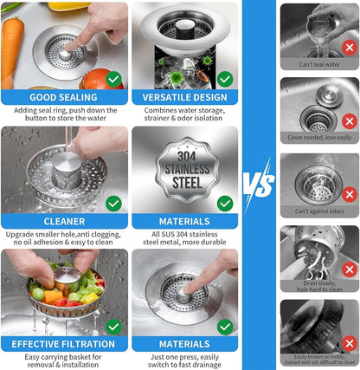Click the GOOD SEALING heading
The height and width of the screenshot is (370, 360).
tap(64, 98)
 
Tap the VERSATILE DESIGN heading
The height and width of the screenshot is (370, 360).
tap(184, 98)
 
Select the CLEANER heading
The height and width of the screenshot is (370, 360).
tap(64, 221)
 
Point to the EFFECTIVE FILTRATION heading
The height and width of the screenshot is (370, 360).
tap(64, 344)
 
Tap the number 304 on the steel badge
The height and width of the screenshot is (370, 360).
tap(184, 153)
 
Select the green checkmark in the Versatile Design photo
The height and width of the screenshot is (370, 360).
tap(225, 79)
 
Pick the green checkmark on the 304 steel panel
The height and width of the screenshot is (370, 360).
tap(225, 203)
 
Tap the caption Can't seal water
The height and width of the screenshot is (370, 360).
tap(319, 64)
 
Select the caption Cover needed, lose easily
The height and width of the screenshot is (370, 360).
tap(319, 136)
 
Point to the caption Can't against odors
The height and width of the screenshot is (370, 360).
tap(319, 212)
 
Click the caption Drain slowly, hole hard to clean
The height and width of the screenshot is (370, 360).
tap(319, 285)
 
